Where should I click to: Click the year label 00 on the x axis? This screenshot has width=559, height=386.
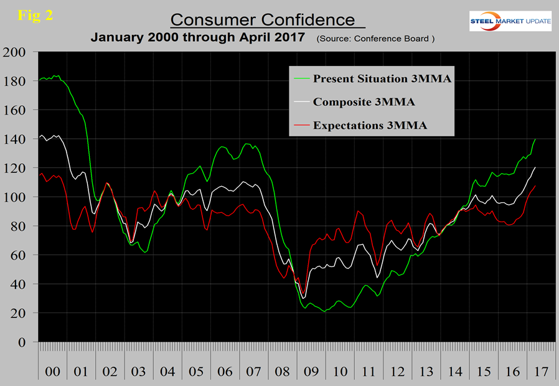(53, 372)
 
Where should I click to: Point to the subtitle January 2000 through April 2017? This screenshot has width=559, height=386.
(198, 37)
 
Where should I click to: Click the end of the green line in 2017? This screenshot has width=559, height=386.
(535, 139)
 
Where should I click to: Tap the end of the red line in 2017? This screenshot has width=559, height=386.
(535, 186)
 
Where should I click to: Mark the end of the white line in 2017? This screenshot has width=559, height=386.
(535, 167)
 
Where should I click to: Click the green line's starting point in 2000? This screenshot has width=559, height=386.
(39, 80)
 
